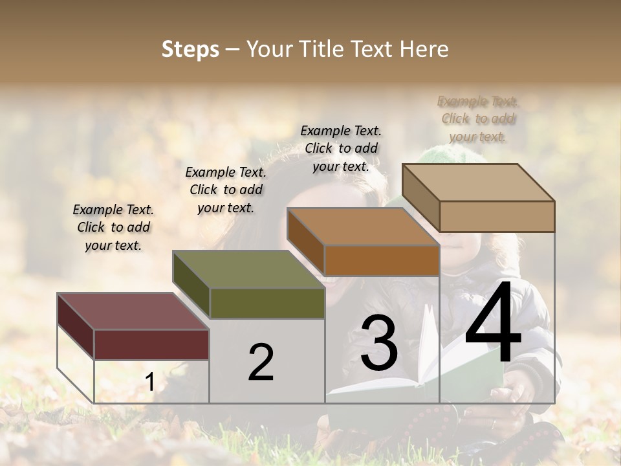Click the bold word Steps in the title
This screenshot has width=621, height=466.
(x=190, y=49)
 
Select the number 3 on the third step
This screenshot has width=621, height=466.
(x=379, y=343)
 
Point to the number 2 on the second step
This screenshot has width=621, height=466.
(x=261, y=362)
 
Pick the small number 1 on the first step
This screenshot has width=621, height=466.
(x=149, y=383)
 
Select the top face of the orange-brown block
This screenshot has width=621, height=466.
(x=362, y=227)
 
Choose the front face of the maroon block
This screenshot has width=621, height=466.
(x=151, y=344)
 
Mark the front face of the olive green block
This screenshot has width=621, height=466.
(x=267, y=303)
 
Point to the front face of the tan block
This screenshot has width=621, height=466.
(x=497, y=216)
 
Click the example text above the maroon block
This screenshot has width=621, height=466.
(x=113, y=228)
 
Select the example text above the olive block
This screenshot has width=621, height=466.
(x=226, y=190)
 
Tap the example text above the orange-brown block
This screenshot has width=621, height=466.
(x=341, y=148)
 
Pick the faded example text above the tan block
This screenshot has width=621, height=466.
(x=478, y=118)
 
